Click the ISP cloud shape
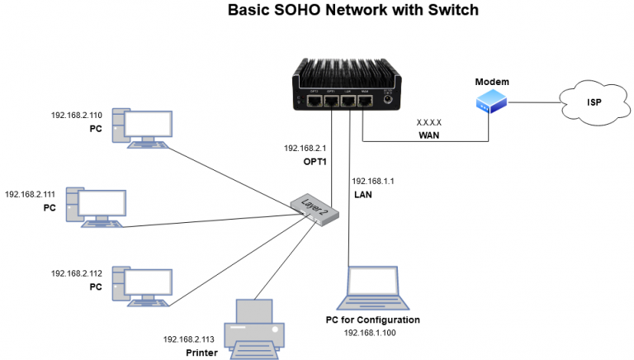[592, 103]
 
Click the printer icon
[254, 325]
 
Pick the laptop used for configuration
[372, 287]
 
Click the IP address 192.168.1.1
[373, 180]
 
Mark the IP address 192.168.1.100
[372, 332]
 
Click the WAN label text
[429, 133]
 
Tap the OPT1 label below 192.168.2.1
[315, 162]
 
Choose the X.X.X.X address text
[429, 120]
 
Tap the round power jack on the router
[386, 101]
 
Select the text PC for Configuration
[373, 320]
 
